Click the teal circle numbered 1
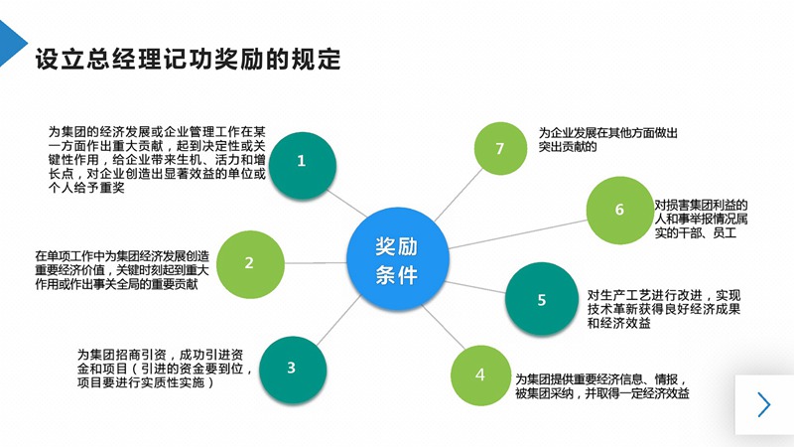(x=302, y=160)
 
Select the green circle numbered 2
(x=249, y=263)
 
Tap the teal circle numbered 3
(x=291, y=368)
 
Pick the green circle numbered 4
(x=480, y=374)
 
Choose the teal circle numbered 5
(x=541, y=300)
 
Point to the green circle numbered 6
(x=619, y=210)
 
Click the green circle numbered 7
(x=500, y=149)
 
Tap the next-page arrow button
(x=763, y=404)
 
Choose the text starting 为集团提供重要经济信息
(x=601, y=386)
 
